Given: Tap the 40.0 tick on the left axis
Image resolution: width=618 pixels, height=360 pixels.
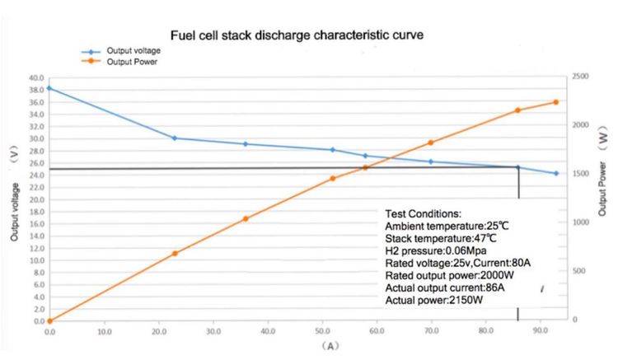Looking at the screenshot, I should [x=36, y=78].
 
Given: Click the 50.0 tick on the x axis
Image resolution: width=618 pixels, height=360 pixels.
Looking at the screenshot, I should [x=322, y=331].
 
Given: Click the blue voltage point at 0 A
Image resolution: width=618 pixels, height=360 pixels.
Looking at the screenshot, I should [x=49, y=88].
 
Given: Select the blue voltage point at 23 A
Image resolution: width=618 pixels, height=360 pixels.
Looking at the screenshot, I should [x=175, y=138].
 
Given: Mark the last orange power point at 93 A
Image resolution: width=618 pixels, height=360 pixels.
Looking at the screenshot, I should [x=555, y=102].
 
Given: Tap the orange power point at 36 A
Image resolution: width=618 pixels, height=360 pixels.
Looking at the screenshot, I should [x=246, y=219].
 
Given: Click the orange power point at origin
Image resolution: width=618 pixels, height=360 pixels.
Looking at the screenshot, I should [x=49, y=320].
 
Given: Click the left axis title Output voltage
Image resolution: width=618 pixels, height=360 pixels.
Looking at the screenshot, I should [x=15, y=212].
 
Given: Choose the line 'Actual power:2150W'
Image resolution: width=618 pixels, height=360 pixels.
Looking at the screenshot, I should [x=434, y=301].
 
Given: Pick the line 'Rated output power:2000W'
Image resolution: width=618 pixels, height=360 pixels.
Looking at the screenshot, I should [x=450, y=275].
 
